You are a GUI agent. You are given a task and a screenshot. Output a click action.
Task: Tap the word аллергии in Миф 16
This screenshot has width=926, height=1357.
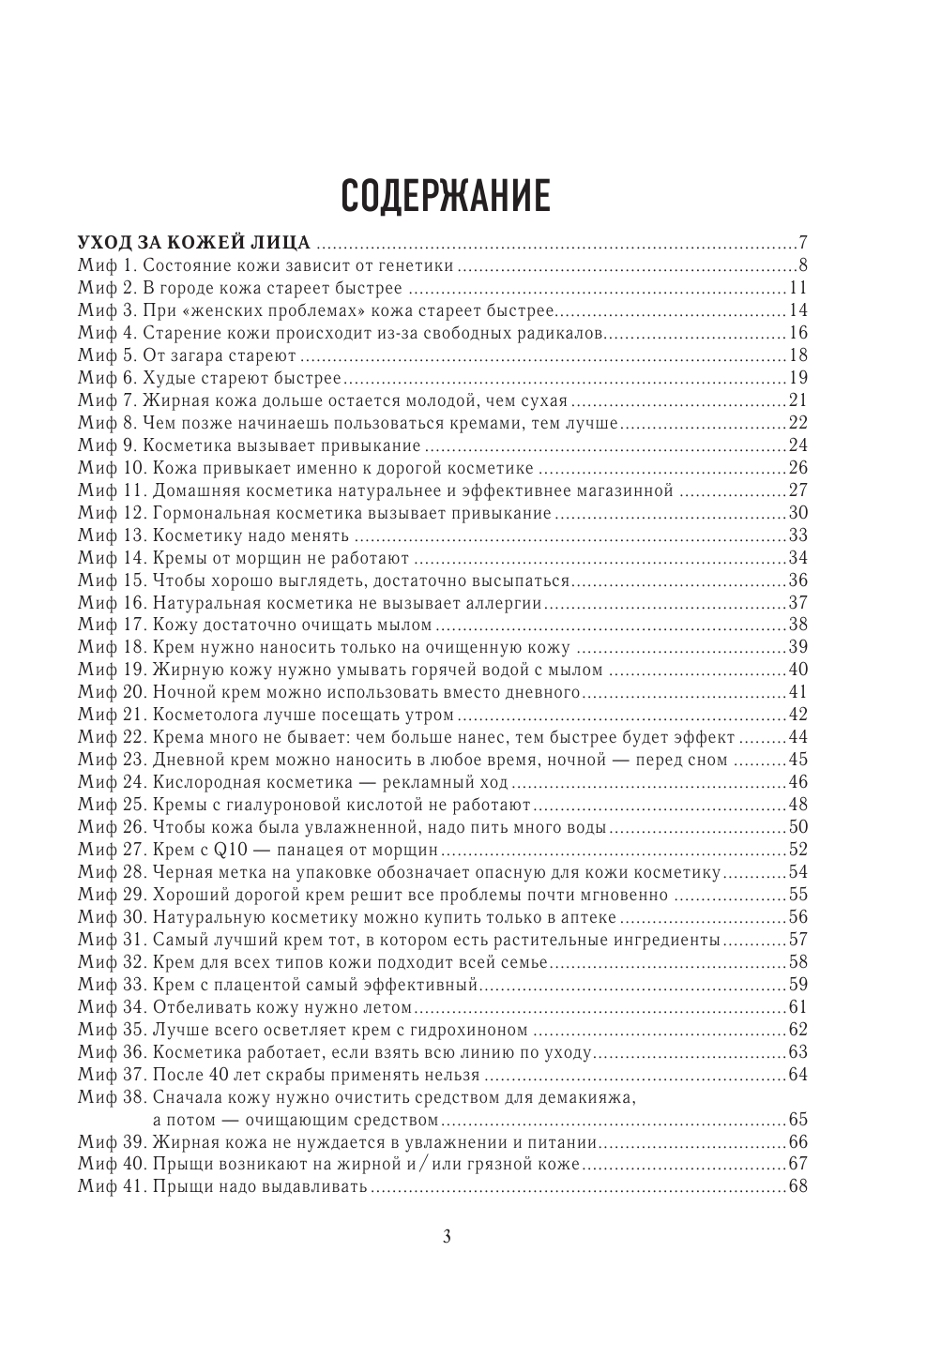(506, 602)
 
